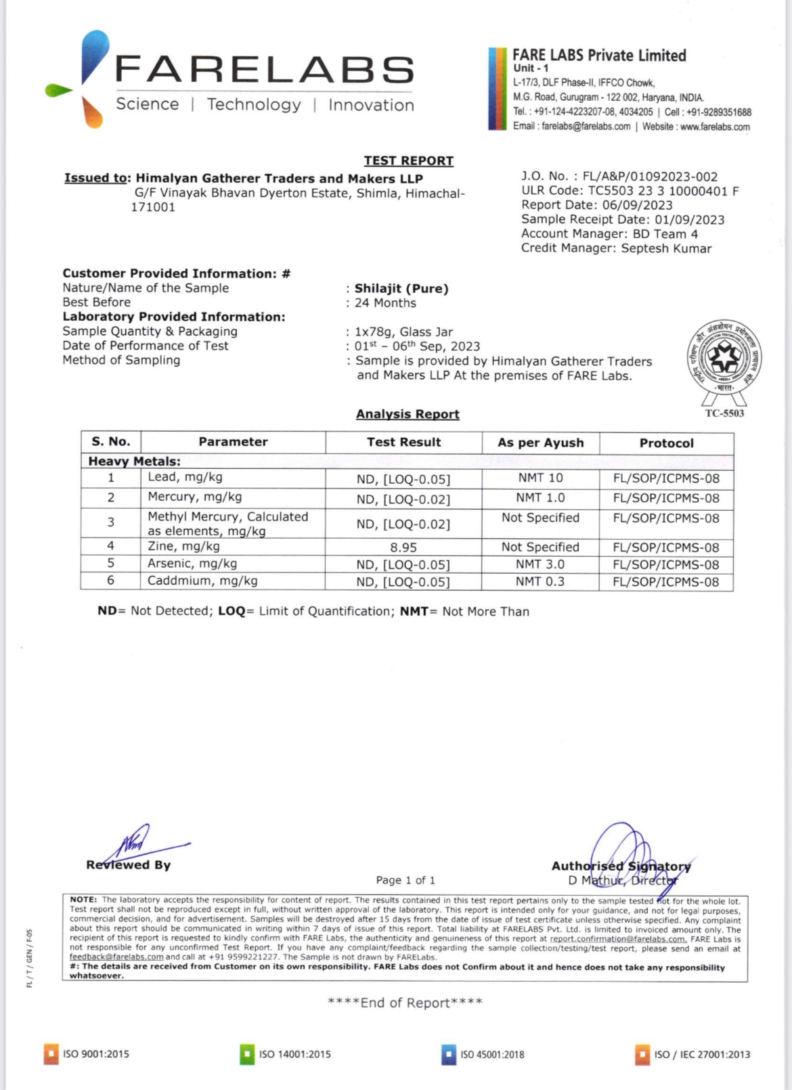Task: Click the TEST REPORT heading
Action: [x=408, y=160]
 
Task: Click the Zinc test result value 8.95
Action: [x=403, y=547]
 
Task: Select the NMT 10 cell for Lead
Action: [x=540, y=478]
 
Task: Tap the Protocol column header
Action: [x=666, y=443]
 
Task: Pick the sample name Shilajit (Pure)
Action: [x=401, y=288]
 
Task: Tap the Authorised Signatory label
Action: [x=621, y=866]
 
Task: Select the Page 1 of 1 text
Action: [x=405, y=880]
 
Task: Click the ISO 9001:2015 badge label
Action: [x=95, y=1054]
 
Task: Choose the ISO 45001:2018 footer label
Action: [x=492, y=1055]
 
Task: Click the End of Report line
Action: [x=405, y=1003]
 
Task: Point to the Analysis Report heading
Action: [x=408, y=414]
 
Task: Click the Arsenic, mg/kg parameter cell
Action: [x=192, y=564]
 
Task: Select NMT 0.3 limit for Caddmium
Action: [x=540, y=581]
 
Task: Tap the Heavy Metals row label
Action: [x=134, y=461]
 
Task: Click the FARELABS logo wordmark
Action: [x=264, y=70]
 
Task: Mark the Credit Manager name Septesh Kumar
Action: [x=666, y=248]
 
